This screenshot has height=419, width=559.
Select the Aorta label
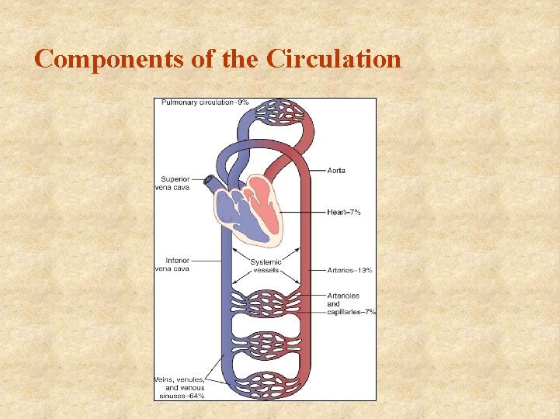coord(336,170)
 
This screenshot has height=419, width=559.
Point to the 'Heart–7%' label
coord(344,212)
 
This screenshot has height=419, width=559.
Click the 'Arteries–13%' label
coord(349,270)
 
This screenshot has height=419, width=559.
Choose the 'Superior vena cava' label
coord(175,183)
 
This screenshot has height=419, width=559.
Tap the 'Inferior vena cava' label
coord(176,265)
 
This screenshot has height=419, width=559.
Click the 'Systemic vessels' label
coord(265,266)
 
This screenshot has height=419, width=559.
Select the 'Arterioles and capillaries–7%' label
coord(350,304)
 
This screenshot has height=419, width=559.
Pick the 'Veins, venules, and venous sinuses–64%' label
coord(179,387)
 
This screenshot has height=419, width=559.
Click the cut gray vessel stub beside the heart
coord(208,182)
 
